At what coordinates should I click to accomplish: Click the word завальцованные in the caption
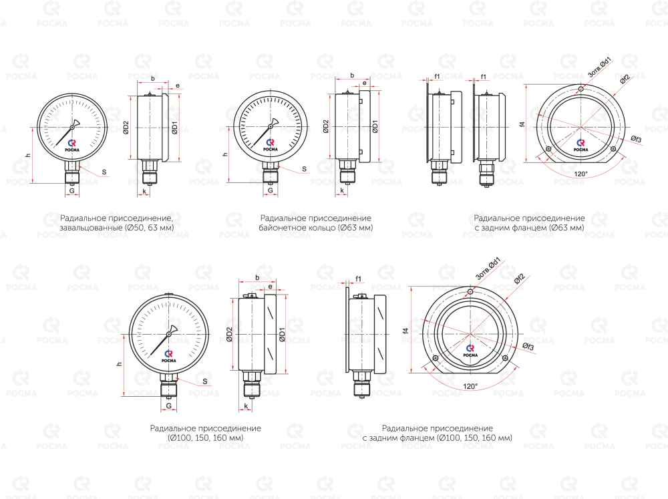click(x=91, y=228)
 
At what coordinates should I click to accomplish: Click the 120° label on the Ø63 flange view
click(x=580, y=174)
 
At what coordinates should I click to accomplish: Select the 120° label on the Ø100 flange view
click(x=470, y=387)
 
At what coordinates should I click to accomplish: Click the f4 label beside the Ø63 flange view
click(x=522, y=124)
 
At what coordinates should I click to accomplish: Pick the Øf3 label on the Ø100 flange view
click(x=528, y=347)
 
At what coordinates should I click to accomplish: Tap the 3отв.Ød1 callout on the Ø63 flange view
click(x=600, y=67)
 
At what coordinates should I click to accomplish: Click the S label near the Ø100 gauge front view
click(x=205, y=381)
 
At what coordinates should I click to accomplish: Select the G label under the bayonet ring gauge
click(x=270, y=190)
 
